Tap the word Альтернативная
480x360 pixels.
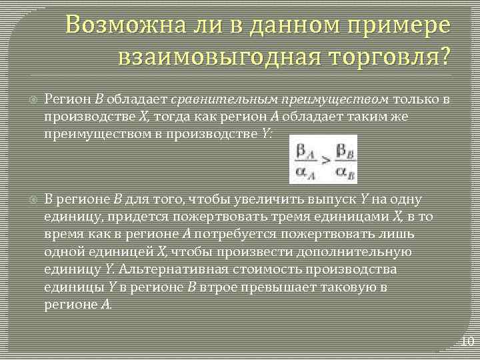[167, 269]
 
